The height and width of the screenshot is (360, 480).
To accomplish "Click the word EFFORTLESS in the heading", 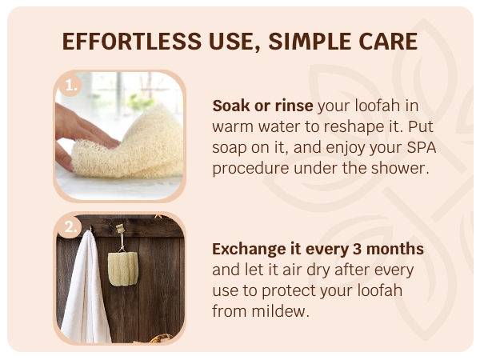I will (x=130, y=41).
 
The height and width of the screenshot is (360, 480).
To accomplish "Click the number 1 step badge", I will (x=70, y=84).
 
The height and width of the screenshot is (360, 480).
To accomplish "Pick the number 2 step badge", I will (x=70, y=228).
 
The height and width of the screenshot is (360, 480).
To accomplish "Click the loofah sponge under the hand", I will (x=132, y=148).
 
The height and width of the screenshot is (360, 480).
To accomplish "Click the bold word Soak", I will (x=230, y=106).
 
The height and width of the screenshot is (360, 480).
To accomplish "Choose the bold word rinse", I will (x=292, y=106).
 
